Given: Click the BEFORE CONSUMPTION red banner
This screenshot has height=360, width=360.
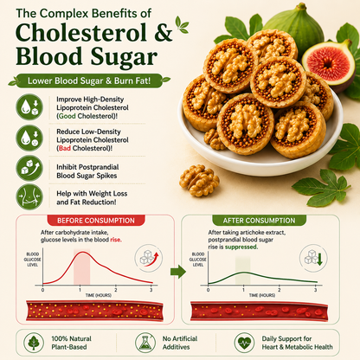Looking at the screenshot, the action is (x=96, y=221).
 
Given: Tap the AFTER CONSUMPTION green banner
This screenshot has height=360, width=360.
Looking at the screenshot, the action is (x=259, y=221).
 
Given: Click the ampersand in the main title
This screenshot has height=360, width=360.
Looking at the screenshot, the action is (x=164, y=33).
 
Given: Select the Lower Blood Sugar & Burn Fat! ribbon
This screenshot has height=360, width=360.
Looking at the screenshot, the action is (x=89, y=80).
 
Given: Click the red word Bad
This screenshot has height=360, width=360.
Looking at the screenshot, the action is (x=65, y=148).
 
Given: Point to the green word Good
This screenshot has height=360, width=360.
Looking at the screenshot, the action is (x=67, y=116).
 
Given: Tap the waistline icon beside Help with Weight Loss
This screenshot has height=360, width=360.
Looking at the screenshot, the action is (x=29, y=197).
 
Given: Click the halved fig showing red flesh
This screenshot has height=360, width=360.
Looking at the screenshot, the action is (x=328, y=65).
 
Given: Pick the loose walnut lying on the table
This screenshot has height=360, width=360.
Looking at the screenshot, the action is (x=199, y=181).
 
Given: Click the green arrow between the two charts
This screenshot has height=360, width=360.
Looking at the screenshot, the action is (x=178, y=272).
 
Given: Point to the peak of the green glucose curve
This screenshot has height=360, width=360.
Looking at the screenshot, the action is (x=244, y=273).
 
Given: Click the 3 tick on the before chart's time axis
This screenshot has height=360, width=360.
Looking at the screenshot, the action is (x=151, y=290).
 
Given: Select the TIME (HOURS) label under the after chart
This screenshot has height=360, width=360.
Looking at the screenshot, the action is (x=262, y=295).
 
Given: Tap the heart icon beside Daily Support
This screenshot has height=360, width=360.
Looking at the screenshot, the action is (x=244, y=343).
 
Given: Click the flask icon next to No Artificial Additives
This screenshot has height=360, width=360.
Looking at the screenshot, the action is (x=145, y=343).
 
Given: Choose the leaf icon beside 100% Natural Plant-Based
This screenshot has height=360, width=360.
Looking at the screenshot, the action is (x=34, y=343).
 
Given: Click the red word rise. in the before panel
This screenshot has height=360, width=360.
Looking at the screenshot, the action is (x=116, y=240).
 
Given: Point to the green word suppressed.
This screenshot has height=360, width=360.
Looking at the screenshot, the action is (x=241, y=247).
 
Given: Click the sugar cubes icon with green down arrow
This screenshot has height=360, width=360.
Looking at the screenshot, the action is (x=313, y=259).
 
